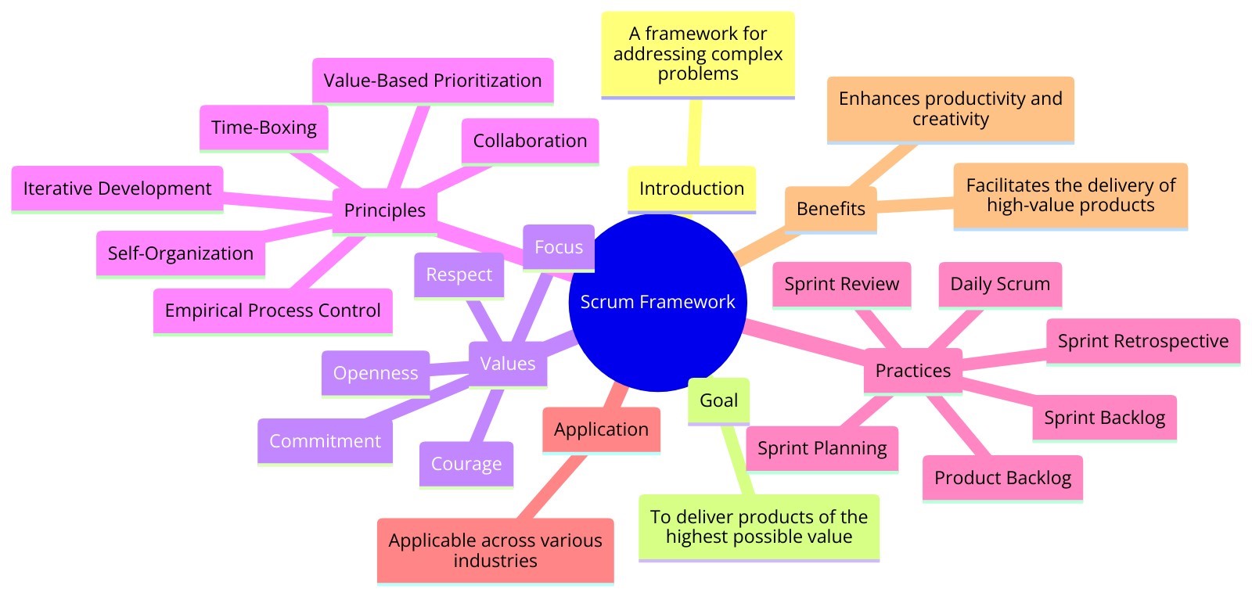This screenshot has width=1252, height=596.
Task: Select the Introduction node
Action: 691,188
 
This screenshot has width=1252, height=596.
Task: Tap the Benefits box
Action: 830,209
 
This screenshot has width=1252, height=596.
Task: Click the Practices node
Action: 912,370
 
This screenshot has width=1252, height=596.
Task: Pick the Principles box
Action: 384,210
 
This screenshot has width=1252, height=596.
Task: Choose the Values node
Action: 507,364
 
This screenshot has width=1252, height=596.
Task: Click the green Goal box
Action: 718,400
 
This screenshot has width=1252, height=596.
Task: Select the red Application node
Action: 601,429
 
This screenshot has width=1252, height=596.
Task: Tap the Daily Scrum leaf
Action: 999,284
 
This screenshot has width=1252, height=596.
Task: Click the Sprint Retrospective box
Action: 1142,341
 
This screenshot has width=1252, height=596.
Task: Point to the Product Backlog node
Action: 1002,478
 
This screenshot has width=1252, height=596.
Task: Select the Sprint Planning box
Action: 822,448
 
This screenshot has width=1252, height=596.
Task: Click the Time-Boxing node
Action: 264,127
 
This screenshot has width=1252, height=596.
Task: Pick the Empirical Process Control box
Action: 272,311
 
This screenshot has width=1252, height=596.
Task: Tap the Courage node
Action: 466,464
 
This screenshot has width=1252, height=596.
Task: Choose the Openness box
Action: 376,373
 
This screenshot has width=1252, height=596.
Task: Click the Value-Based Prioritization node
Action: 432,81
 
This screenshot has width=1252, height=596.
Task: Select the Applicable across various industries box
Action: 495,550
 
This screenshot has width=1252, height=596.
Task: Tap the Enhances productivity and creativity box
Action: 950,109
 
